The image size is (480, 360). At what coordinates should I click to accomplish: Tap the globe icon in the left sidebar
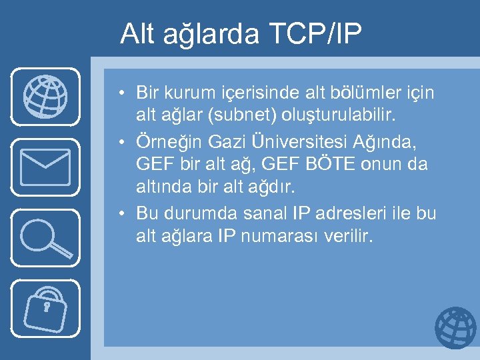point(45,97)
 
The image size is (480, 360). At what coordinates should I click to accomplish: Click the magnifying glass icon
point(45,237)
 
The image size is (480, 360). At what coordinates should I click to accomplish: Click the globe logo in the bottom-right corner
point(455,328)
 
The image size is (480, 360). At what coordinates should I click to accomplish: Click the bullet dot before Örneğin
point(125,141)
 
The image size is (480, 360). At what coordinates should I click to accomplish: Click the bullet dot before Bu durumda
point(125,214)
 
